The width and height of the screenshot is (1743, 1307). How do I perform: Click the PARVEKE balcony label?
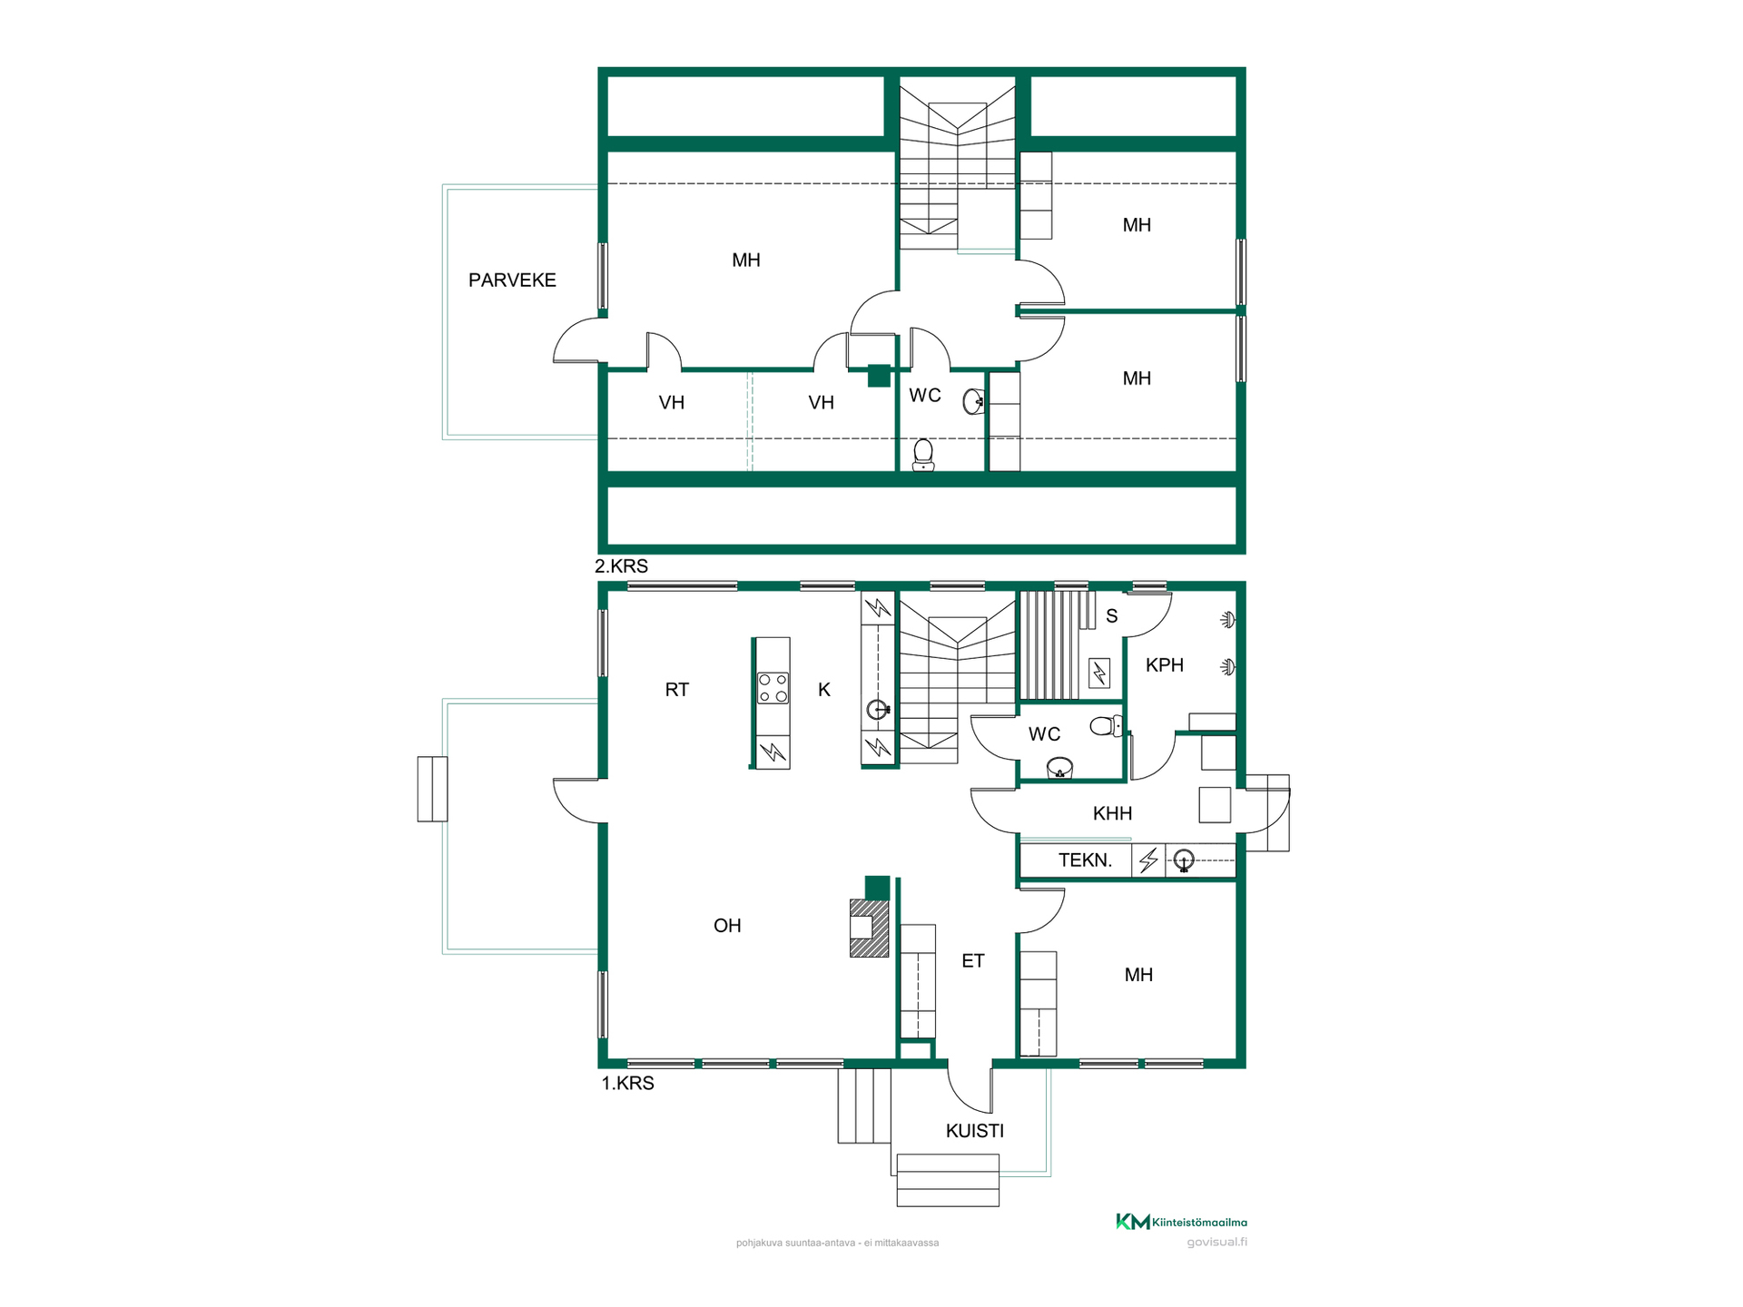pos(512,280)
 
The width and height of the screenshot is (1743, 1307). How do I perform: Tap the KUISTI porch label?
pos(975,1131)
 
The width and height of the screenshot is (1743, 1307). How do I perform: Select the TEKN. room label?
pos(1085,860)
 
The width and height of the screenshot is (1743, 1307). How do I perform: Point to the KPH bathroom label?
pos(1165,665)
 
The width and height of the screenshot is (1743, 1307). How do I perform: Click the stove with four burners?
pos(773,688)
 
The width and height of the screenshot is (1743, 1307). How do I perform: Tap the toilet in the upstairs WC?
pos(923,455)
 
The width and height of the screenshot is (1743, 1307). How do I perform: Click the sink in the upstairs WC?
pos(974,400)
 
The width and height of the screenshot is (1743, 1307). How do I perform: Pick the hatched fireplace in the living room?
pos(869,928)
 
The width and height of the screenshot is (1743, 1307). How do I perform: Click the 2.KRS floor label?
pos(621,566)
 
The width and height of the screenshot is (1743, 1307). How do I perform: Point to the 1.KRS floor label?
pos(627,1083)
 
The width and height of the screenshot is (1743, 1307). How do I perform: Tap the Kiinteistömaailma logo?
pos(1181,1222)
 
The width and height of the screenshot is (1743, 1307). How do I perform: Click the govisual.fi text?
pos(1216,1243)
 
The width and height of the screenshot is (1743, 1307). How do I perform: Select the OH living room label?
pos(727,926)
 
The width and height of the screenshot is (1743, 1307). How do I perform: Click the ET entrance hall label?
pos(973,961)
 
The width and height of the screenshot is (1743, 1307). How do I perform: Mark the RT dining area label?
pos(677,690)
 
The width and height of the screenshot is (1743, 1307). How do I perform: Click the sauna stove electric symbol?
pos(1099,673)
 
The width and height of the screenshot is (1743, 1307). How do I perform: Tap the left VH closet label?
pos(672,403)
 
